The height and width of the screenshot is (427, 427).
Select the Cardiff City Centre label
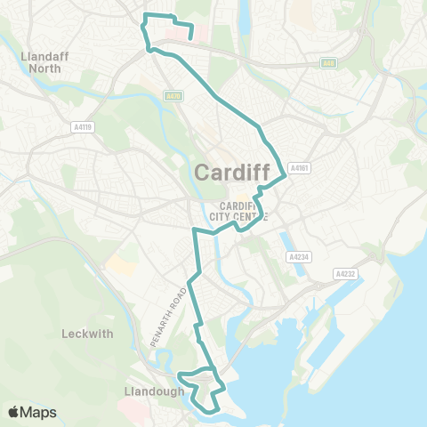point(237,211)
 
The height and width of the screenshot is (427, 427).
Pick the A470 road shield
point(173,96)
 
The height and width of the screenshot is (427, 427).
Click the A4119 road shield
point(84,127)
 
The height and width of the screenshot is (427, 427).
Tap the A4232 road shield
point(345,274)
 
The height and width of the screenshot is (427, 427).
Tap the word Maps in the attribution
point(38,412)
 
